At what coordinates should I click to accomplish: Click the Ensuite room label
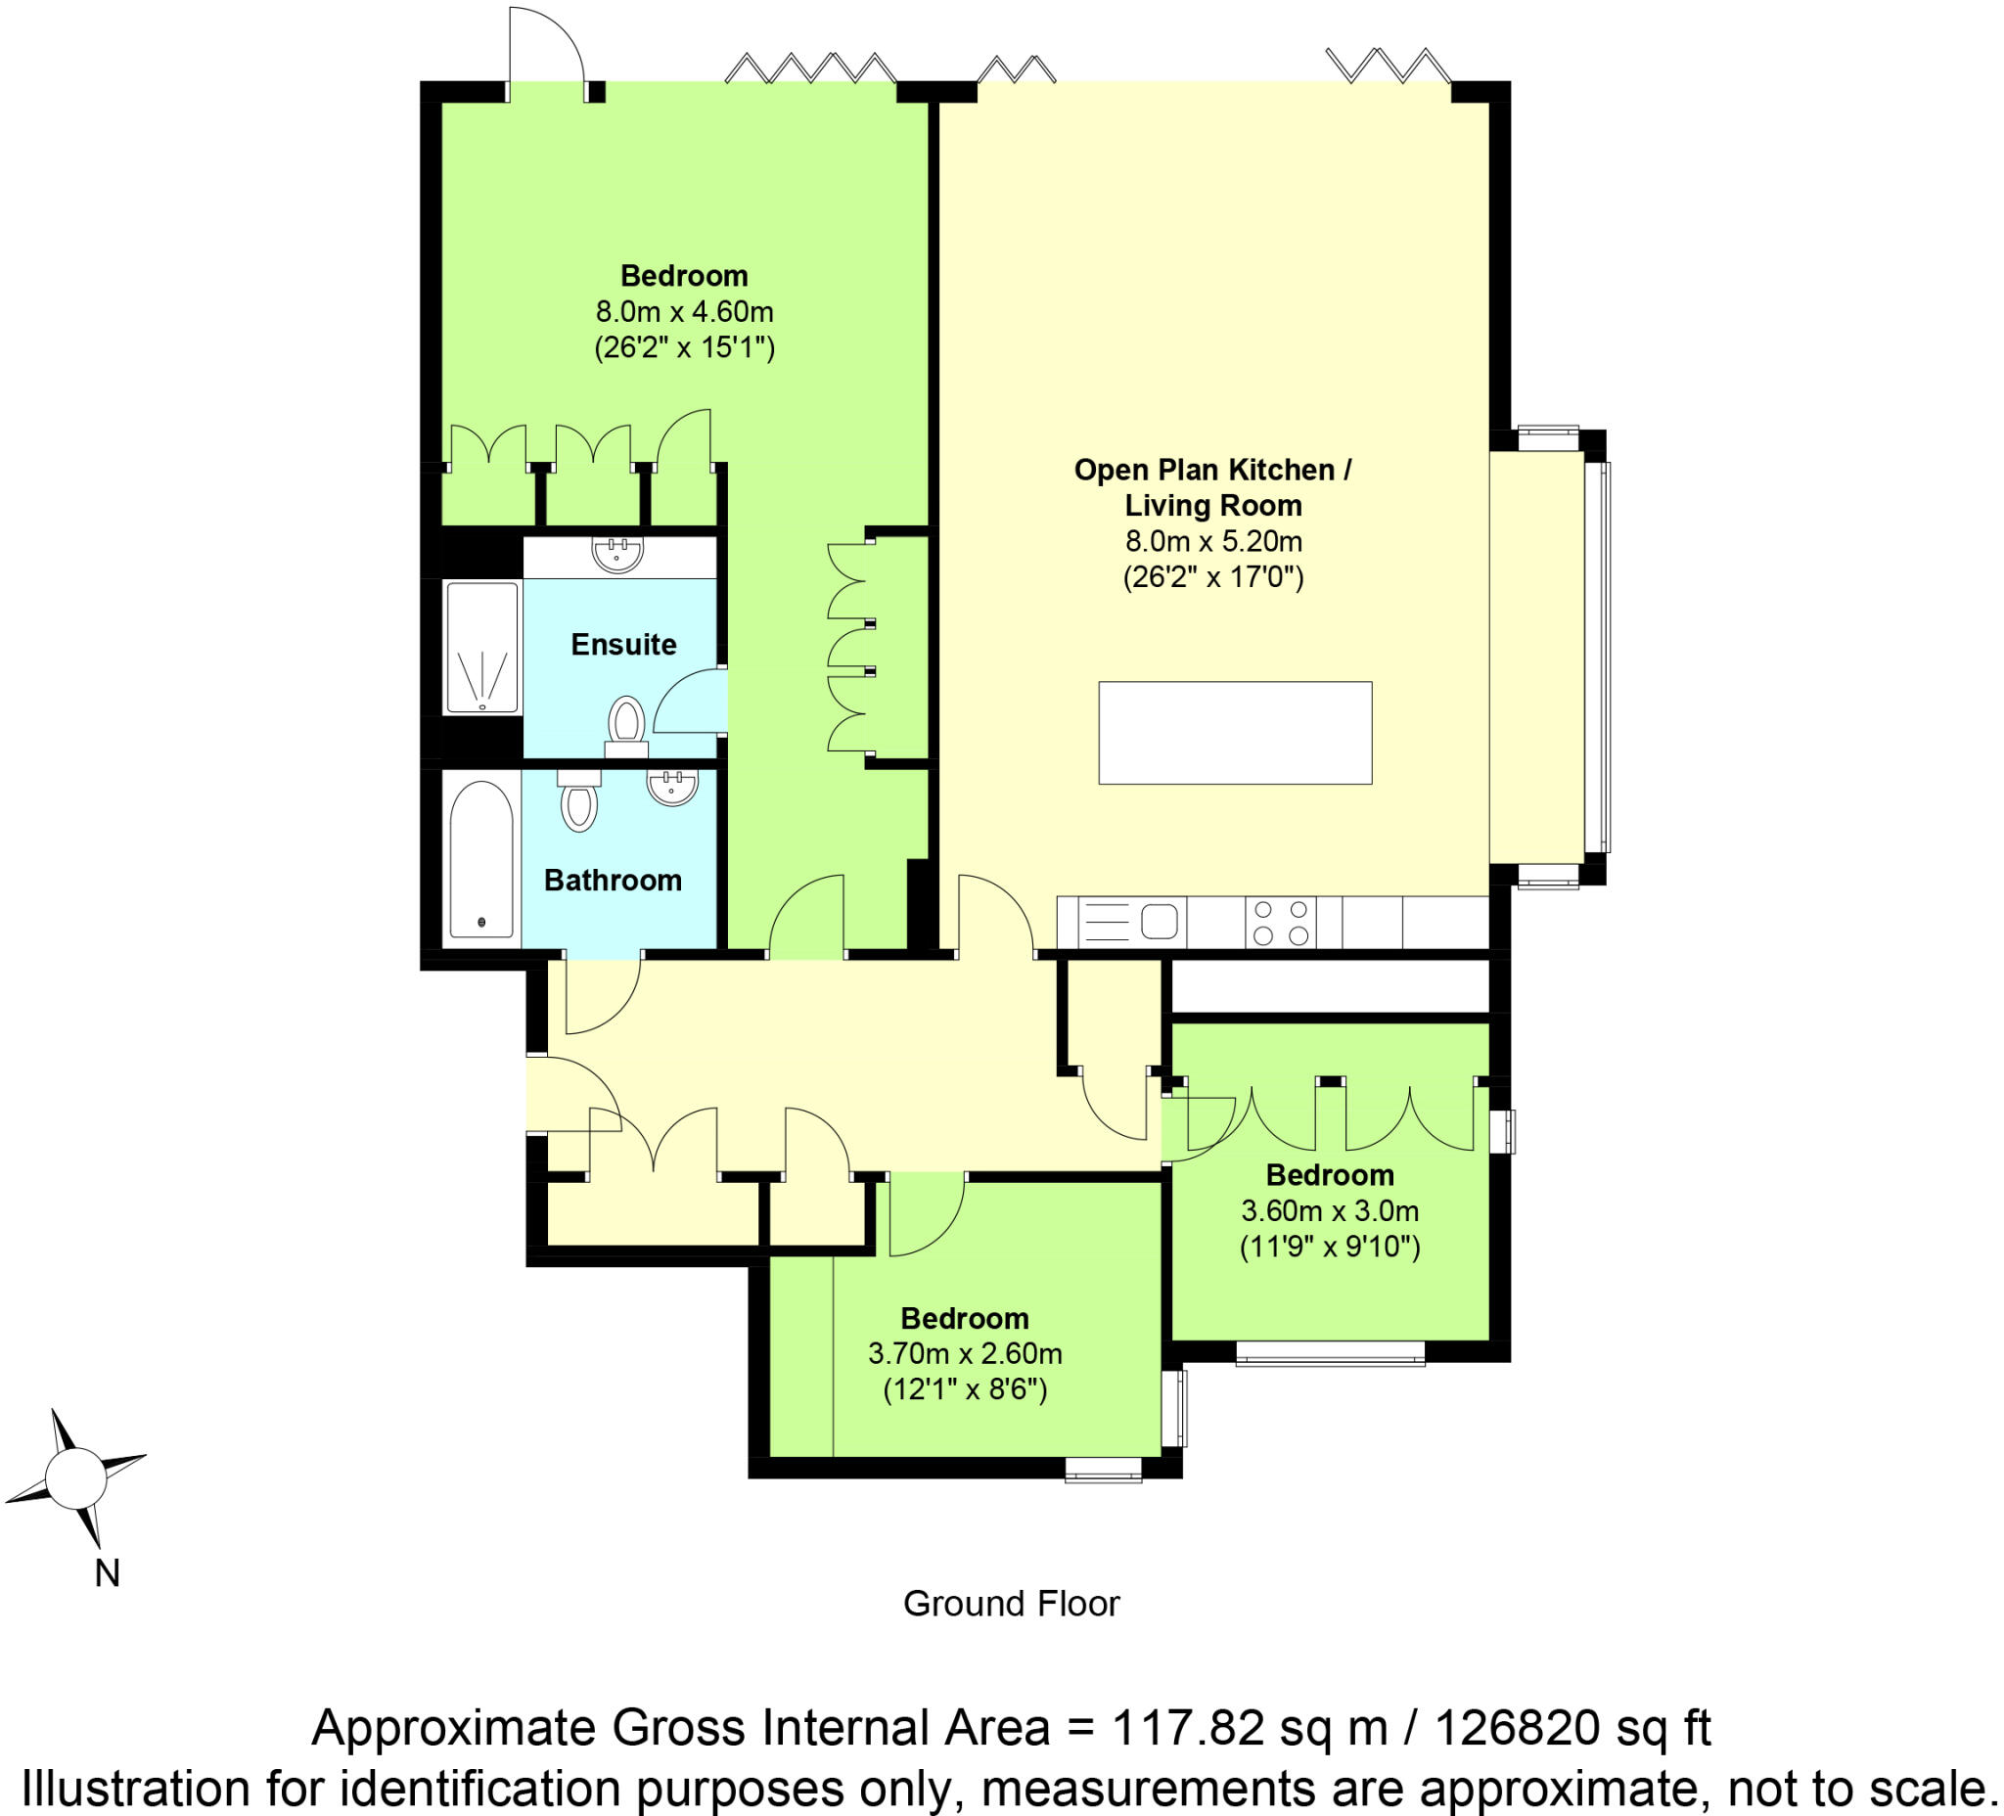point(623,644)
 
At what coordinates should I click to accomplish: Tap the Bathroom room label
point(613,880)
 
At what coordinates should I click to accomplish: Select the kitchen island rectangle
point(1235,733)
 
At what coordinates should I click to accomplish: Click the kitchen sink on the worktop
point(1158,922)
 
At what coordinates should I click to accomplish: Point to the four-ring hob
point(1280,922)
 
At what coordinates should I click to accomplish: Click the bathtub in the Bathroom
point(481,861)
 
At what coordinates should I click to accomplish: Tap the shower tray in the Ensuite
point(482,648)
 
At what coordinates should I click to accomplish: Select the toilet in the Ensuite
point(626,724)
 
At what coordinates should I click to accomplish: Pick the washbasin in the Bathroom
point(673,788)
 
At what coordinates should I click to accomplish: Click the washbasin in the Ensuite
point(617,553)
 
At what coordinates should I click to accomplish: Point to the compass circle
point(75,1478)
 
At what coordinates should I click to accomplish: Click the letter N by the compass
point(108,1573)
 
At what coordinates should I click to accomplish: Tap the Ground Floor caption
point(1011,1604)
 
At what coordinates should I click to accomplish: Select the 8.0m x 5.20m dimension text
point(1212,542)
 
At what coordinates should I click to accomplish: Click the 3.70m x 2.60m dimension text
point(964,1354)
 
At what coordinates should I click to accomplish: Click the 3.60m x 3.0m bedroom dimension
point(1329,1210)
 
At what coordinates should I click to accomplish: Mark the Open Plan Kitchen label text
point(1211,471)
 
